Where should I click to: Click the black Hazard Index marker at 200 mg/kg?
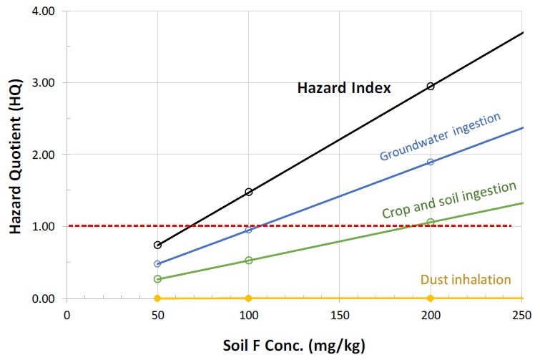point(430,87)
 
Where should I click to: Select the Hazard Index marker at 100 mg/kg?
point(249,192)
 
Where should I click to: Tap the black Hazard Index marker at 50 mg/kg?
point(158,245)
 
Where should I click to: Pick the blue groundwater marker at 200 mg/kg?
point(430,162)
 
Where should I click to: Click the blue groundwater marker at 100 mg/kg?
point(249,230)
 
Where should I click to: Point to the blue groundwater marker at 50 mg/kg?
point(158,263)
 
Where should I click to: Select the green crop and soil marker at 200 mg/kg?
point(430,222)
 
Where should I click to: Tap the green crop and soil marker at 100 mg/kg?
point(249,260)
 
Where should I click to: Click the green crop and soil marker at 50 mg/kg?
point(158,279)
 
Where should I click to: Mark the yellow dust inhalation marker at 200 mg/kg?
point(430,298)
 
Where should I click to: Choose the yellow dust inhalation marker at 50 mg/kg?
point(158,298)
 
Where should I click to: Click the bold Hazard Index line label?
point(344,89)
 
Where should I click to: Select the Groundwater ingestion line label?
point(440,135)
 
